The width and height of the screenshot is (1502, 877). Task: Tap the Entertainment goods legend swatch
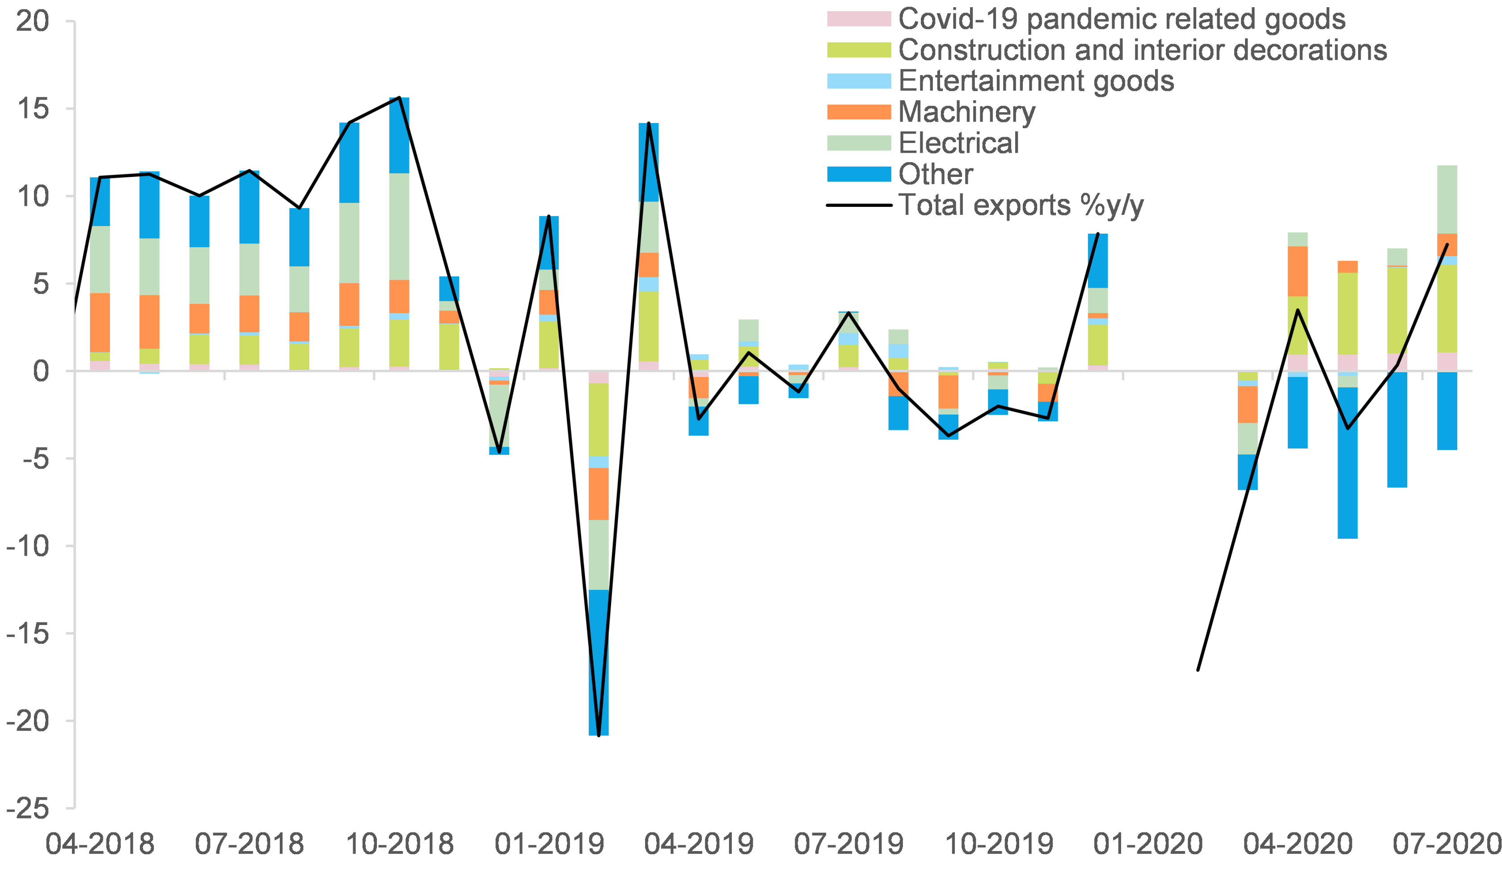pyautogui.click(x=858, y=81)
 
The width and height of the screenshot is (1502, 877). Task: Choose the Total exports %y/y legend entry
pyautogui.click(x=1020, y=205)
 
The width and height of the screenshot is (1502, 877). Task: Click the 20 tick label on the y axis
pyautogui.click(x=32, y=21)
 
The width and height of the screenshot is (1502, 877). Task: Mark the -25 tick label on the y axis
pyautogui.click(x=27, y=809)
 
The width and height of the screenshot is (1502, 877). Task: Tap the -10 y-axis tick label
pyautogui.click(x=27, y=546)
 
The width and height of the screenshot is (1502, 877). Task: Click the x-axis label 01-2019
pyautogui.click(x=549, y=844)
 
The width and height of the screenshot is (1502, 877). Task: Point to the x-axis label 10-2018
pyautogui.click(x=399, y=844)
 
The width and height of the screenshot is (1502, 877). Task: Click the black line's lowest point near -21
pyautogui.click(x=599, y=735)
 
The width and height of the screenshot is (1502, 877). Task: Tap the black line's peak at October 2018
pyautogui.click(x=399, y=98)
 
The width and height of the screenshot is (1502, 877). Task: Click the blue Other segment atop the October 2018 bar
pyautogui.click(x=399, y=135)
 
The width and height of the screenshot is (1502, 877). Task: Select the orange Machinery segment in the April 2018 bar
pyautogui.click(x=100, y=322)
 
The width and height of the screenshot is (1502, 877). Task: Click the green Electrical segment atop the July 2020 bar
pyautogui.click(x=1447, y=199)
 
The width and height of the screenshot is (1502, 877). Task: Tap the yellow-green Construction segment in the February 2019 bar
pyautogui.click(x=599, y=420)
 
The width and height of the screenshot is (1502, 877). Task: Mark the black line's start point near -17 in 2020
pyautogui.click(x=1198, y=670)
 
